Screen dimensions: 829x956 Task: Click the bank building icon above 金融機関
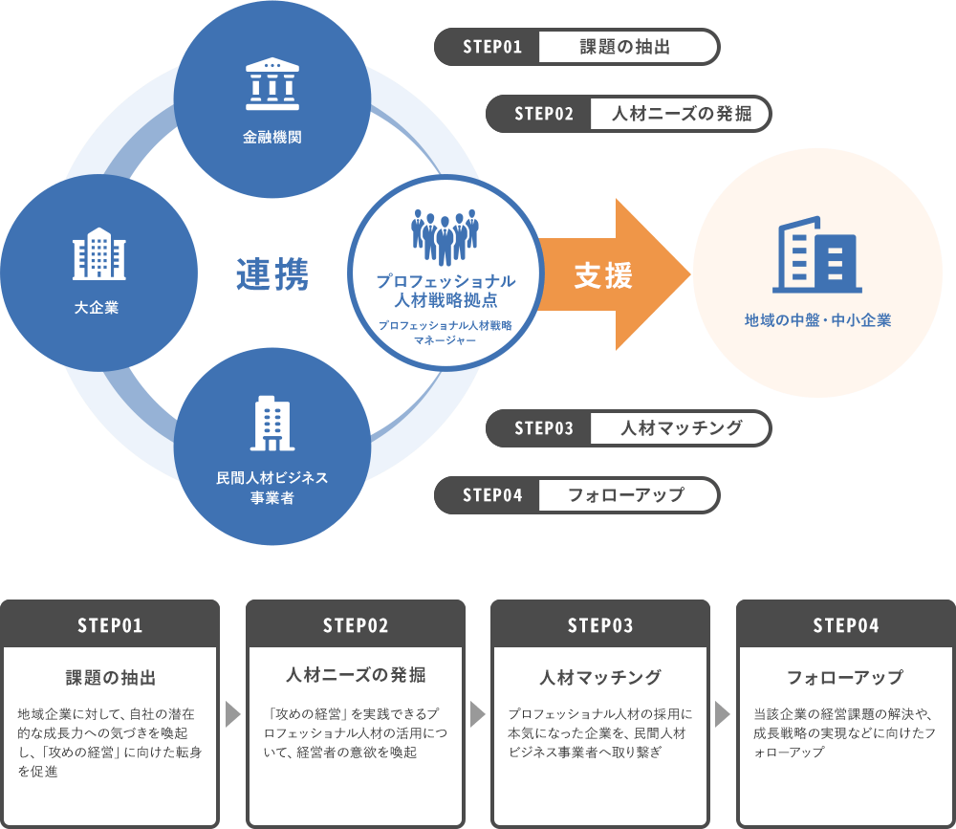(272, 84)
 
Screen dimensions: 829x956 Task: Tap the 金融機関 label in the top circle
(272, 138)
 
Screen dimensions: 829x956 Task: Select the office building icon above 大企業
(99, 253)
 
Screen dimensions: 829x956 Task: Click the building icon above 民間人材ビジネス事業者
(272, 424)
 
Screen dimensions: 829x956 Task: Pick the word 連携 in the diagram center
(272, 275)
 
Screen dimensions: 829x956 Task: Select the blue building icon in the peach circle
(817, 255)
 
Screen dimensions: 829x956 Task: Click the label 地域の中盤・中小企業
(817, 320)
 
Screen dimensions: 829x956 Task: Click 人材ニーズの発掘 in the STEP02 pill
(680, 114)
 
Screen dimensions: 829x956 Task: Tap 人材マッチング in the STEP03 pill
(680, 427)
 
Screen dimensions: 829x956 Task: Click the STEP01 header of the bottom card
(110, 625)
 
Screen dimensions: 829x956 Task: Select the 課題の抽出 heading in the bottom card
(110, 678)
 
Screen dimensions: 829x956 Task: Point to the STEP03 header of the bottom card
(600, 625)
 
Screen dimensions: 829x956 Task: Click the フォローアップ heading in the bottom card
(845, 678)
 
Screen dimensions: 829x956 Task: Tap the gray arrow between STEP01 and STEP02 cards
(232, 714)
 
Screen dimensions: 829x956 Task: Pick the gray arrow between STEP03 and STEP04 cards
(723, 714)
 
